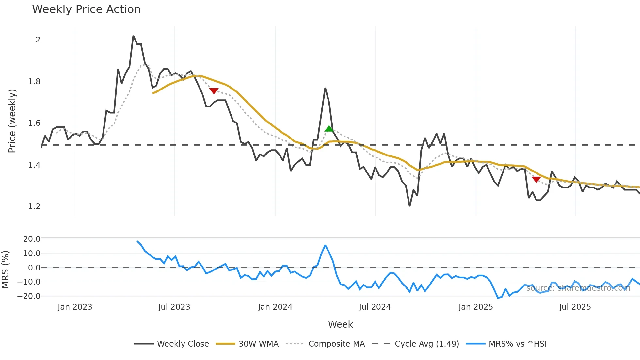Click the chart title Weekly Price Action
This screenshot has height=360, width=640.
pos(86,9)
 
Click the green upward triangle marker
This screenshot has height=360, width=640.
pos(329,129)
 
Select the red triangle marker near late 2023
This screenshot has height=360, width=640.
pos(214,91)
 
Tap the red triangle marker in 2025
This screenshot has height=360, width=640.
pos(536,179)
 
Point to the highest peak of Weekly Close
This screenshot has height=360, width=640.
pos(133,36)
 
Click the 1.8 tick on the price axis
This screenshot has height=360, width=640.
pos(34,82)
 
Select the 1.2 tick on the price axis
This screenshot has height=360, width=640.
pos(34,206)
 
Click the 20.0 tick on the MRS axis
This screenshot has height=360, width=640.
pos(32,239)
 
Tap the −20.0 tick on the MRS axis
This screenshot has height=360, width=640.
pos(29,296)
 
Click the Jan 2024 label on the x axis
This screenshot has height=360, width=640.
pos(275,307)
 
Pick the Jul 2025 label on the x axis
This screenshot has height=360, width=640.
pos(575,307)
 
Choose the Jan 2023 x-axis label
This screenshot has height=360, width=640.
pos(75,307)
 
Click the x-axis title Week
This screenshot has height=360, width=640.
pos(340,324)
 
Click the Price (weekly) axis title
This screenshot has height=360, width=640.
pos(12,121)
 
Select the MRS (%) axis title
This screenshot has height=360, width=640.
pos(5,270)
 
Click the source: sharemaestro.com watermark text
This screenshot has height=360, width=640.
pos(578,288)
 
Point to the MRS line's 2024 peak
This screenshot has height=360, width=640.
pos(325,245)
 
